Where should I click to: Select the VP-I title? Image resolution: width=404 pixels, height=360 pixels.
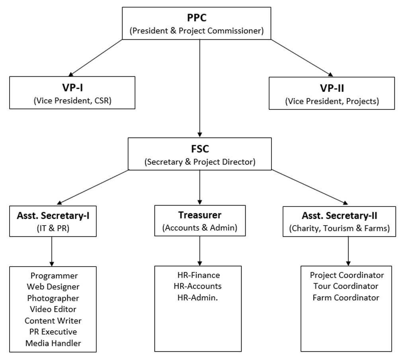(72, 88)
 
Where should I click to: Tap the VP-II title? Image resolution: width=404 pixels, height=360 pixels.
(332, 88)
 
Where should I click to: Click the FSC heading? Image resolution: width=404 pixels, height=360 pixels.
(200, 149)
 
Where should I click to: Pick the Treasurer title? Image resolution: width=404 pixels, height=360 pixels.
(199, 215)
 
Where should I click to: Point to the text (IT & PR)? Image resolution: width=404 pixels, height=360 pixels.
(53, 229)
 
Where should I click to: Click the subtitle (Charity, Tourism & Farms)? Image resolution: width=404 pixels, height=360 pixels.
(339, 229)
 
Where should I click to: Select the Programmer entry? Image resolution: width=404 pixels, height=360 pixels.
(54, 275)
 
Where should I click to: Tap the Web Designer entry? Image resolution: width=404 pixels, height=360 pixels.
(53, 286)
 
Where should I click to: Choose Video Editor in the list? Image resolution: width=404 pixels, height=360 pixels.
(53, 309)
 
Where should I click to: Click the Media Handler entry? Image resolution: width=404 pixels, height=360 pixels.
(53, 343)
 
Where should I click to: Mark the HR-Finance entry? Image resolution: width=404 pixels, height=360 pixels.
(199, 275)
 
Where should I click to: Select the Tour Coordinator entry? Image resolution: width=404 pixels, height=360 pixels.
(345, 286)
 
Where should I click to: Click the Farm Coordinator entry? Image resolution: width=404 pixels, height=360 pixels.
(345, 298)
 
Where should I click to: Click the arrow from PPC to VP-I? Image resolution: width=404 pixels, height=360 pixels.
(96, 57)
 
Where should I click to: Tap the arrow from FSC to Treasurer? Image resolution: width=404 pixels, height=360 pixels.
(200, 187)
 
